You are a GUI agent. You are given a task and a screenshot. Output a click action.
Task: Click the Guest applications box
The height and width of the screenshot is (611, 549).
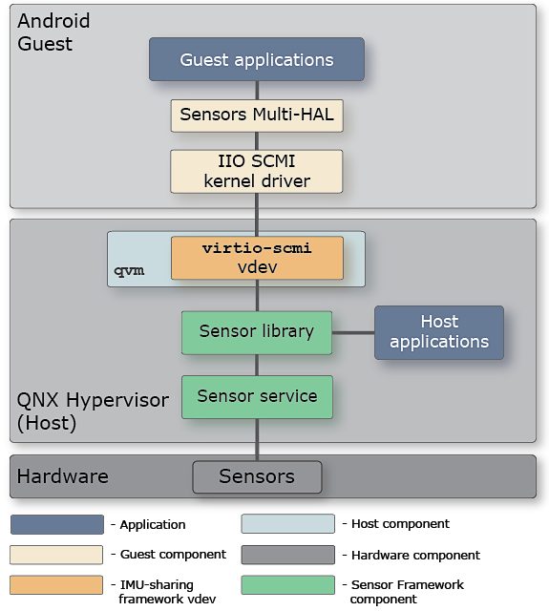256,59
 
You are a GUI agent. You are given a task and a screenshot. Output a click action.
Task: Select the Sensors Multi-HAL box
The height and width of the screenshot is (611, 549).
256,116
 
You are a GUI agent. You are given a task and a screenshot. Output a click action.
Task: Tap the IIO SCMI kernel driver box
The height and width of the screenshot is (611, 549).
256,170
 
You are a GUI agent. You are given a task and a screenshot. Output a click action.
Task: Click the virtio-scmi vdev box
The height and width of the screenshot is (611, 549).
256,258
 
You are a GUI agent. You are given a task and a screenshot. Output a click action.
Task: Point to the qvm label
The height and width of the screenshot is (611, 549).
129,270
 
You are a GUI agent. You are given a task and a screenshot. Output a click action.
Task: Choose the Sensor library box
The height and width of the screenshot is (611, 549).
256,332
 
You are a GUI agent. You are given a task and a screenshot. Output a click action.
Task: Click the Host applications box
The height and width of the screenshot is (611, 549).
438,332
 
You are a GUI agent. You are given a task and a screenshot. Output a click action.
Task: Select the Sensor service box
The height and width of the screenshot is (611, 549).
256,396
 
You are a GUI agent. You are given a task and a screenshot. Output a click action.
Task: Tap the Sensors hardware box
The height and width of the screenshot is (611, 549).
256,476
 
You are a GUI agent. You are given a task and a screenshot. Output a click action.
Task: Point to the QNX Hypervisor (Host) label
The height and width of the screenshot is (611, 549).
77,411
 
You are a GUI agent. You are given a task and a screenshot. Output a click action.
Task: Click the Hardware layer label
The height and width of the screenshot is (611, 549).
63,476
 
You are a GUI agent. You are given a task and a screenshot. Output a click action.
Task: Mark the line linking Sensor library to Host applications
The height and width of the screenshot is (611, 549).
352,332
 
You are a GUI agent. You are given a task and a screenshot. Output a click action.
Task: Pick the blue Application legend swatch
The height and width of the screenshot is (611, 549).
56,524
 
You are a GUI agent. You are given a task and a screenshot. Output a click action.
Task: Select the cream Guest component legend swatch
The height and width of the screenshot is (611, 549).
56,554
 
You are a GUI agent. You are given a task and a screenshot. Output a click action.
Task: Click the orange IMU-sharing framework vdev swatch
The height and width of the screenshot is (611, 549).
56,583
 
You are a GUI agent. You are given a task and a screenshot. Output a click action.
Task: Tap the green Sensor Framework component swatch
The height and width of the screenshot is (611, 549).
287,583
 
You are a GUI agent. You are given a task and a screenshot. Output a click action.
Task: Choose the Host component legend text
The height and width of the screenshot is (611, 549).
400,524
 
